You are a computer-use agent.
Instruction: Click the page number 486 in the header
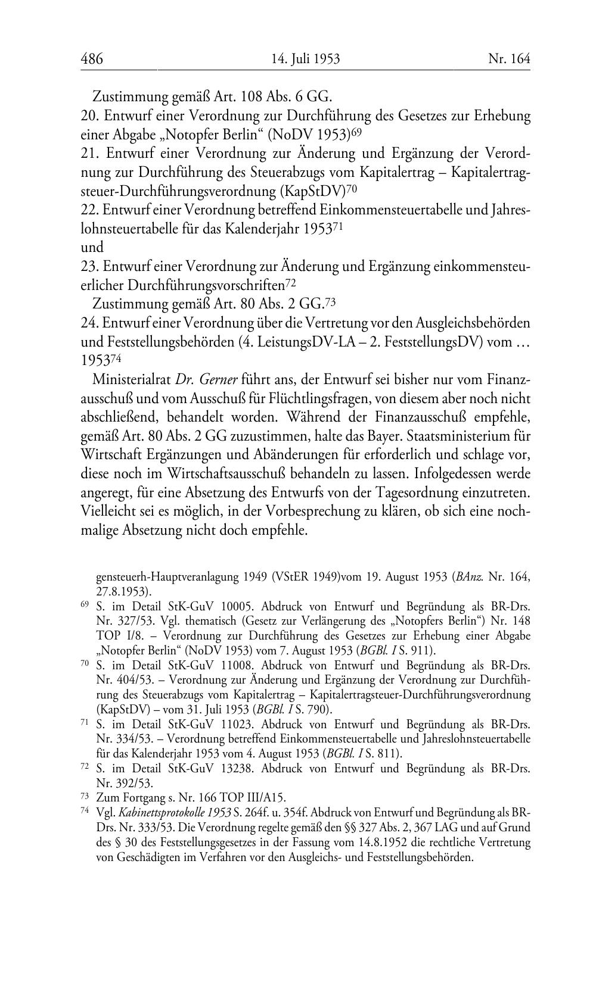click(x=92, y=59)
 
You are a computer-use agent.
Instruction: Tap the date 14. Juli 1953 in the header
click(x=305, y=59)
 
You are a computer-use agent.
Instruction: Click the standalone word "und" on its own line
click(x=92, y=247)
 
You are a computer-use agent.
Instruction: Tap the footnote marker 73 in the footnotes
click(x=84, y=796)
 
